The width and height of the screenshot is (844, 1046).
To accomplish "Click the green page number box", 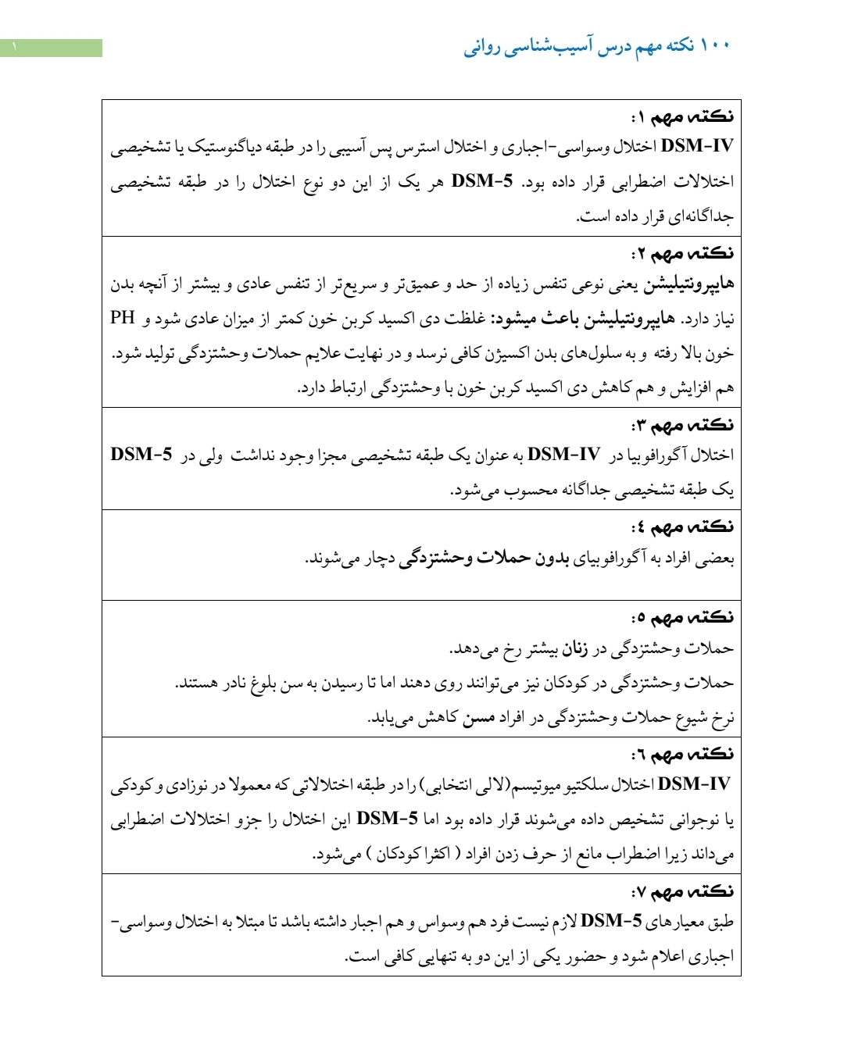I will [51, 48].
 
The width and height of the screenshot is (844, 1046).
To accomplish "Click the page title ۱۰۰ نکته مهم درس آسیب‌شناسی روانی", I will [597, 46].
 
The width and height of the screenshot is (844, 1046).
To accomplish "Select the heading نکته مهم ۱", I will [682, 116].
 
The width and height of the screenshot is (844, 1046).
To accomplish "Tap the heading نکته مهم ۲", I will [682, 253].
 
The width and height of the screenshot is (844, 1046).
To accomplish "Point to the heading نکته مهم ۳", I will [682, 425].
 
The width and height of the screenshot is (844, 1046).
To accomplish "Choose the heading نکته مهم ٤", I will [682, 527].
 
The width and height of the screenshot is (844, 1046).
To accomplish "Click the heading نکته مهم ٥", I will [682, 617].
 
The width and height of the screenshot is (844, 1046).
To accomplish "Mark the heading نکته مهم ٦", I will [682, 754].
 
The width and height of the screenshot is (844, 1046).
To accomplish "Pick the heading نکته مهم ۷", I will [682, 891].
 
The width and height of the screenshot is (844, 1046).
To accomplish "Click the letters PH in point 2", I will [123, 317].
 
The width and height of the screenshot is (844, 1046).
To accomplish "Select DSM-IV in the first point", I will [697, 146].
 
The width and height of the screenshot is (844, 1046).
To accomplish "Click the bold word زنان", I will [575, 648].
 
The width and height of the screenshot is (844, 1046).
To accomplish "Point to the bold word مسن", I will [478, 717].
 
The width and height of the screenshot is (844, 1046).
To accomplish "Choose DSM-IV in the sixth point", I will [694, 784].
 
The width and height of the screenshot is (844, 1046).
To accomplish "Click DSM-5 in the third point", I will [141, 455].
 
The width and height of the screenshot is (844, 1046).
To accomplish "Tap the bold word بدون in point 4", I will [552, 558].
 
